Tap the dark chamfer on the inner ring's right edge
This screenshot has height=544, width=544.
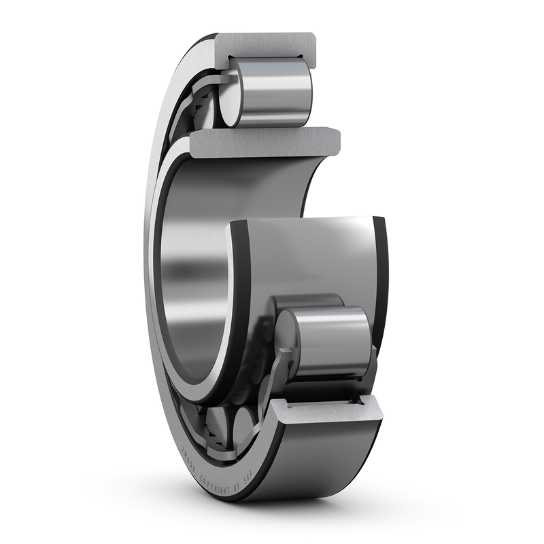coord(380,272)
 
